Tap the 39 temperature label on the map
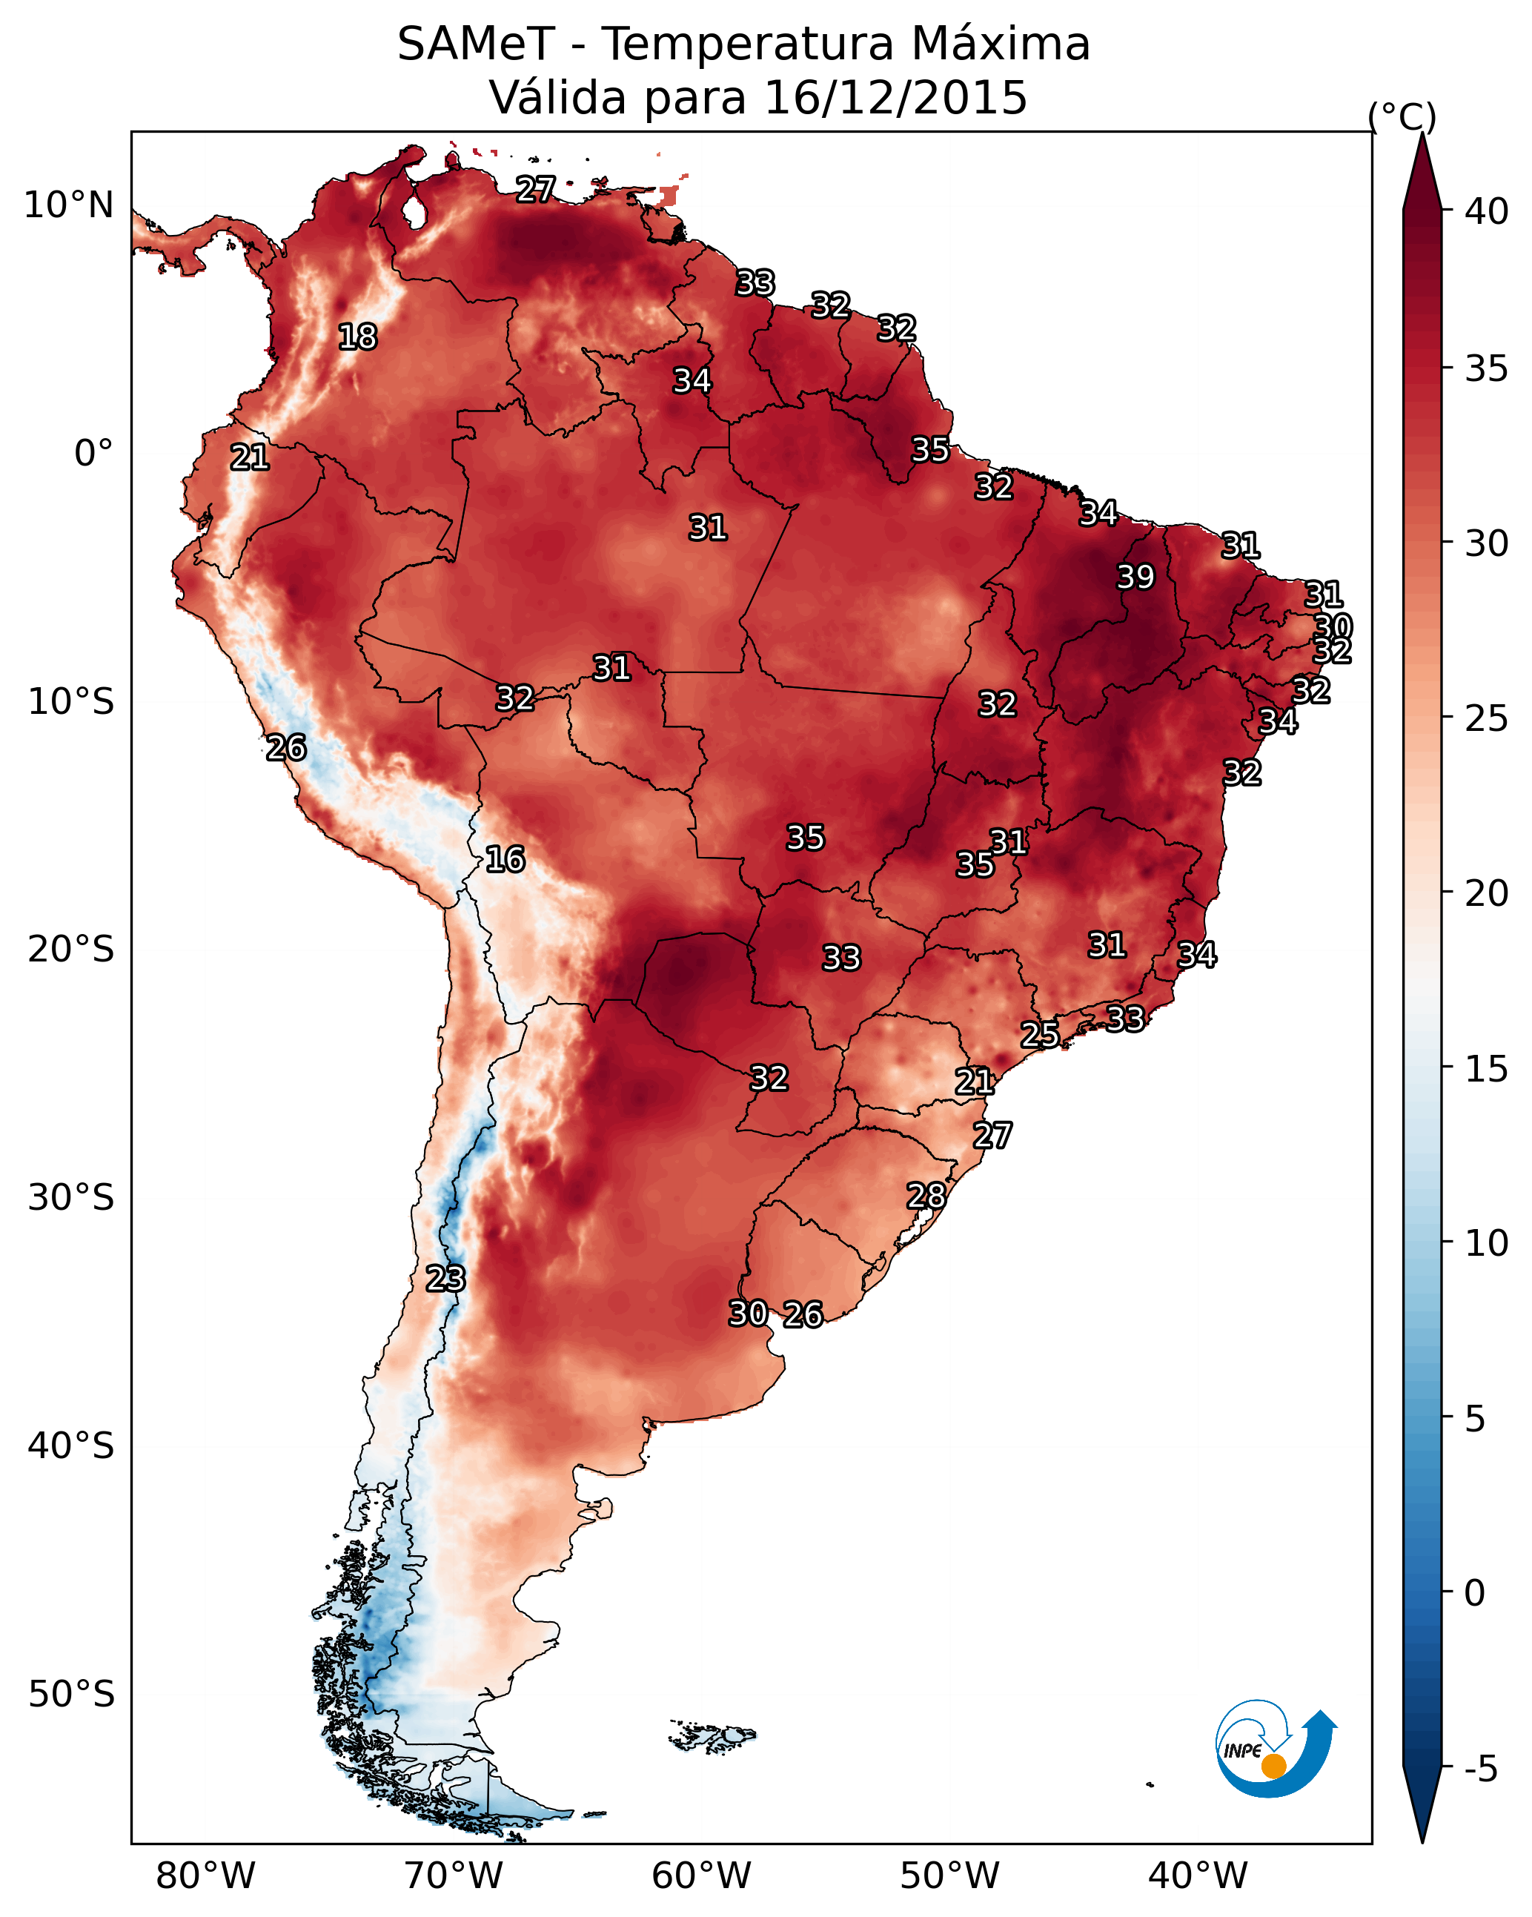1135,577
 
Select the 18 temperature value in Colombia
357,337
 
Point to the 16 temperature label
505,859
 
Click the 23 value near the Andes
445,1279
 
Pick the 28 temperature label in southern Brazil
926,1196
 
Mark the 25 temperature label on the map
1039,1034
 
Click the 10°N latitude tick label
68,205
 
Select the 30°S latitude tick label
71,1198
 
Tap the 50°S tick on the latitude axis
71,1695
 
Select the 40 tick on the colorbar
1487,211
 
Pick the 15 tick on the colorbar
1487,1069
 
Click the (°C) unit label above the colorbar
1402,116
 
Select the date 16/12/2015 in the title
895,97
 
